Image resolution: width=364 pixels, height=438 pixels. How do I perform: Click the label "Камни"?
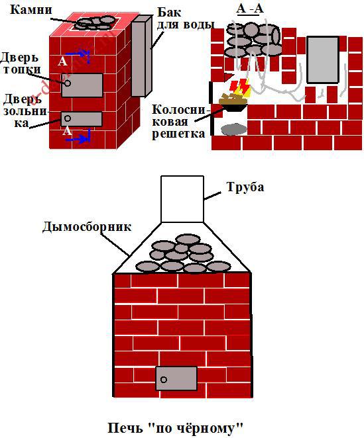click(x=31, y=10)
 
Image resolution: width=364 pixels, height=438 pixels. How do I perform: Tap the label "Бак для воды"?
click(x=185, y=19)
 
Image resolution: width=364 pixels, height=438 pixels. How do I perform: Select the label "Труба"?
click(x=245, y=187)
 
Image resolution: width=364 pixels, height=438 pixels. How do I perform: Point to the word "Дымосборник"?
click(x=87, y=226)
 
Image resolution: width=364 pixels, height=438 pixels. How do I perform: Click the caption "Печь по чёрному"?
click(x=176, y=428)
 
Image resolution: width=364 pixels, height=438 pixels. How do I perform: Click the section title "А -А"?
click(x=250, y=9)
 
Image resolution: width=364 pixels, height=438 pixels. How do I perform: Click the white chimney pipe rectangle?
click(x=182, y=199)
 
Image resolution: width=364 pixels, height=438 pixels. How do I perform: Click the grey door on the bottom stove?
click(x=176, y=378)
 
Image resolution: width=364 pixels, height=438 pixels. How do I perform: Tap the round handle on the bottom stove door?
click(x=164, y=380)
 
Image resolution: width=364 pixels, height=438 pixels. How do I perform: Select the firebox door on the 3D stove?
click(x=82, y=85)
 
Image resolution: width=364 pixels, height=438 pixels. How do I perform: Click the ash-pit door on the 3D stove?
click(x=82, y=119)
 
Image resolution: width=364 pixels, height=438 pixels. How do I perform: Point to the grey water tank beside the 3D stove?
click(x=142, y=56)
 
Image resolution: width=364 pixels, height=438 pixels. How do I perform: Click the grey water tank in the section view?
click(x=323, y=60)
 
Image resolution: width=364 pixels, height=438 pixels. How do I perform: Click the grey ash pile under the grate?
click(x=231, y=130)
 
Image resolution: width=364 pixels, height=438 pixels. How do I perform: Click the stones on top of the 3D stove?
click(x=95, y=23)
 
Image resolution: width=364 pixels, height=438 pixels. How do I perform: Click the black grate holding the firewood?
click(x=233, y=107)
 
